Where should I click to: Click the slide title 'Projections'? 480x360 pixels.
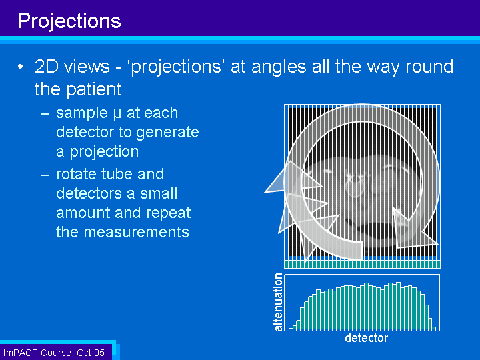coord(69,21)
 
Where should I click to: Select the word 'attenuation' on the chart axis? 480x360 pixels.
coord(278,302)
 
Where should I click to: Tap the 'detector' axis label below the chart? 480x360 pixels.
coord(367,338)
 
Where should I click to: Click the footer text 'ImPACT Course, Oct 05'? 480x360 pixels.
coord(54,353)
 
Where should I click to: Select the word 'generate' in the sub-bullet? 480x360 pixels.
coord(167,133)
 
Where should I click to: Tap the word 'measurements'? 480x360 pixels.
coord(137,232)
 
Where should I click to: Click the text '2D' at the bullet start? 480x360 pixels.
coord(47,67)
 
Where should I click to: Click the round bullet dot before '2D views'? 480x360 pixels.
coord(20,67)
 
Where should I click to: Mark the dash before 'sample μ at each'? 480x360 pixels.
coord(45,114)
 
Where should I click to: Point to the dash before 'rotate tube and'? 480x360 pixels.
coord(45,175)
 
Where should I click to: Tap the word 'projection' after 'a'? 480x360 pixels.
coord(104,152)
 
